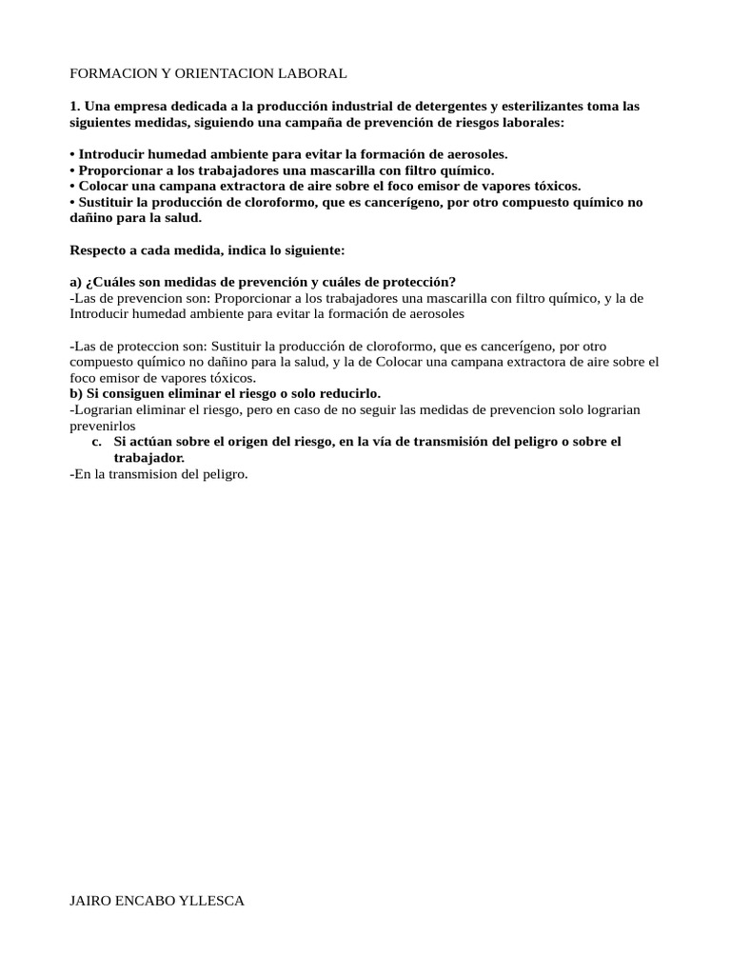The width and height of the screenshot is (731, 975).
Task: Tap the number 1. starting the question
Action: pos(75,107)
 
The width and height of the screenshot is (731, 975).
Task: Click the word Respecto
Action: pos(97,249)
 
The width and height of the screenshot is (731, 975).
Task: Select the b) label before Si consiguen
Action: pos(77,392)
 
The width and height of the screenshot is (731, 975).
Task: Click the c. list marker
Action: pos(97,442)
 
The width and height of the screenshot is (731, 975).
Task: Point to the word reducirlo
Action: pos(348,392)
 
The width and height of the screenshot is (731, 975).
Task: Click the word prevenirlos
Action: pos(103,426)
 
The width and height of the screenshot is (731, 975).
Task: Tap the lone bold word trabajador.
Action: pos(148,458)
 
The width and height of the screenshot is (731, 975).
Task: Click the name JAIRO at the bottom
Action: pos(90,900)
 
